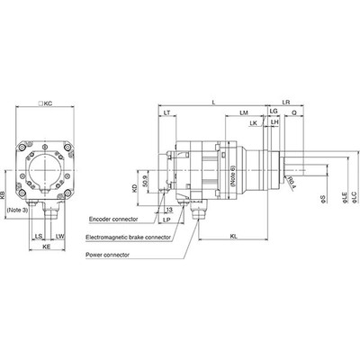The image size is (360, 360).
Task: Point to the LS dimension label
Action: click(x=38, y=236)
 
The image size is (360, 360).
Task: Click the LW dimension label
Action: click(x=59, y=236)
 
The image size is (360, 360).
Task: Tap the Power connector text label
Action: click(x=112, y=256)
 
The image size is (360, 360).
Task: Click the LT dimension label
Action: click(x=167, y=112)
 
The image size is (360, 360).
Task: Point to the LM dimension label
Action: click(x=244, y=112)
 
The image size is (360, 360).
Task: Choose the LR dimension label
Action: click(x=286, y=103)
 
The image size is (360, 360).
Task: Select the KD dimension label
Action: click(x=135, y=190)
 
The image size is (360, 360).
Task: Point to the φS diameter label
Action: click(x=322, y=196)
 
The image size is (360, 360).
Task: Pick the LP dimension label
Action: click(x=167, y=219)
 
